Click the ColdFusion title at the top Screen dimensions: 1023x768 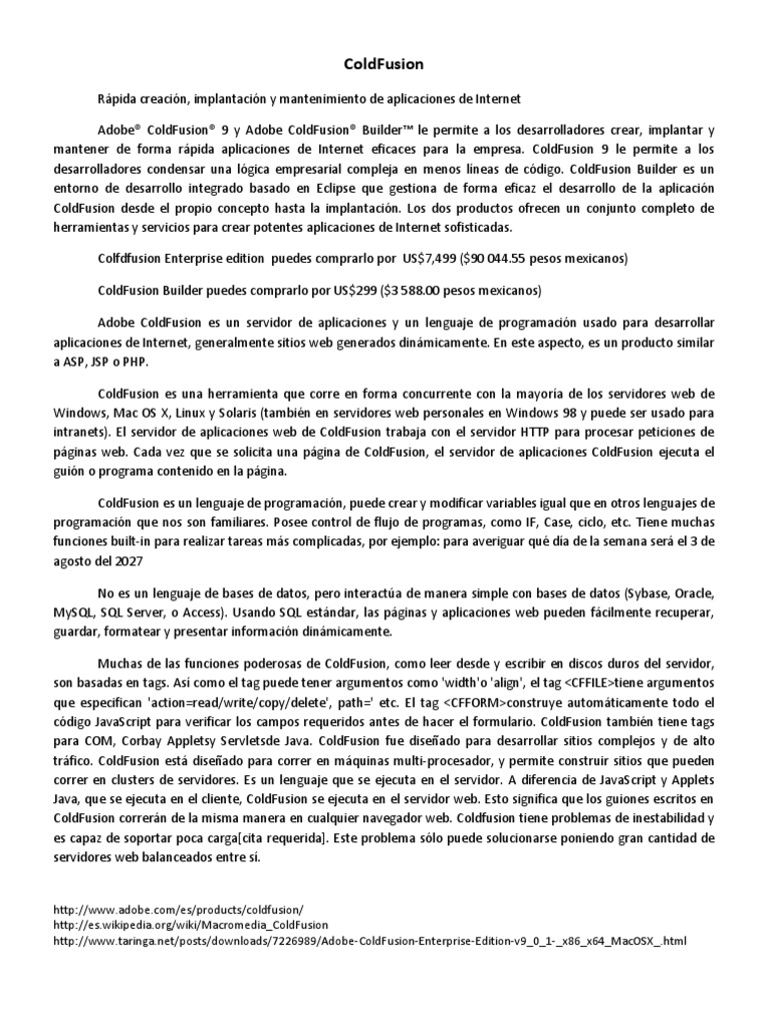click(383, 64)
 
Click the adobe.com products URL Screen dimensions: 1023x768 click(176, 910)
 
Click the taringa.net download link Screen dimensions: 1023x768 click(370, 941)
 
